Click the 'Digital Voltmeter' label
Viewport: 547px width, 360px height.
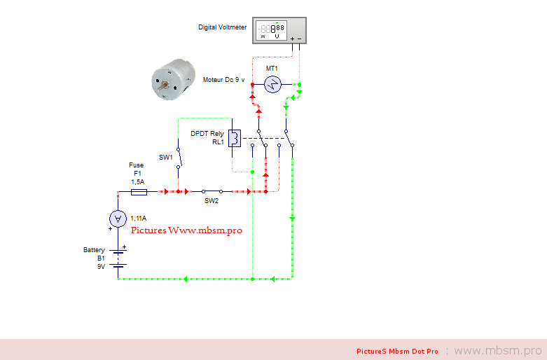click(x=222, y=28)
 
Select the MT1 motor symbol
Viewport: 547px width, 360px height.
click(x=272, y=85)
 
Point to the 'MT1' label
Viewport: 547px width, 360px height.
click(x=272, y=68)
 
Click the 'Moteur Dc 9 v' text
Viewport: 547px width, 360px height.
click(x=223, y=80)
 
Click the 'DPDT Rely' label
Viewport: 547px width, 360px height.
click(x=207, y=133)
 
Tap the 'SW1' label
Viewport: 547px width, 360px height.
click(x=166, y=158)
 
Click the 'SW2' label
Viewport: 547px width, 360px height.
click(x=211, y=201)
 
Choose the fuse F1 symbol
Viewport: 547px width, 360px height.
click(x=138, y=191)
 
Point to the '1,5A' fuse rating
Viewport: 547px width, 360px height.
click(x=137, y=181)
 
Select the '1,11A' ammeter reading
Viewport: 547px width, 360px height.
click(x=139, y=219)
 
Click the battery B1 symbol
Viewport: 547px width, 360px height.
click(x=118, y=259)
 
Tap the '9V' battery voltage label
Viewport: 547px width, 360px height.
click(x=100, y=267)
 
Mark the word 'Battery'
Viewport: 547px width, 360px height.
click(x=94, y=250)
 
